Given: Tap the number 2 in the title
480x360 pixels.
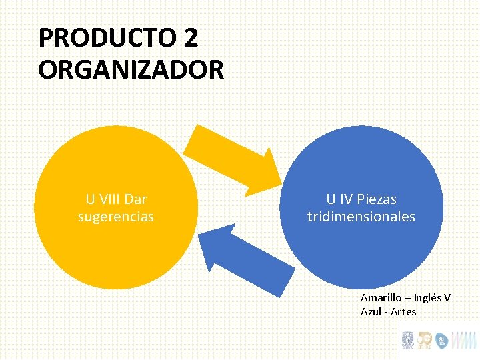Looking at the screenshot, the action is coord(190,38).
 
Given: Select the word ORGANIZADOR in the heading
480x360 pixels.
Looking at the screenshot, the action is coord(131,69).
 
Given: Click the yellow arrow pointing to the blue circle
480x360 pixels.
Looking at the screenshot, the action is coord(234,159).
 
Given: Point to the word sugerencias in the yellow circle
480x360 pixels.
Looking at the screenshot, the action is coord(116,217).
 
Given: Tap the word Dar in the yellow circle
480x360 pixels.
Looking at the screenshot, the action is coord(135,199).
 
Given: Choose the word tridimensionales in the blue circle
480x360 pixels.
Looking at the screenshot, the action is coord(361,217).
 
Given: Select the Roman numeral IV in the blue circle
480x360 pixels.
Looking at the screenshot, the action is coord(345,199).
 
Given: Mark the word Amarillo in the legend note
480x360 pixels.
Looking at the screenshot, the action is coord(382,297).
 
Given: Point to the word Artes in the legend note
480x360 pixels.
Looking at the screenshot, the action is coord(404,311).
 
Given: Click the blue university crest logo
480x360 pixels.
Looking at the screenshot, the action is coord(407,340).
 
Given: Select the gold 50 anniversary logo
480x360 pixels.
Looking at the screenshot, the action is coord(424,340).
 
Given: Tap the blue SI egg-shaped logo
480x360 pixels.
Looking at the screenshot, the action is coord(441,341).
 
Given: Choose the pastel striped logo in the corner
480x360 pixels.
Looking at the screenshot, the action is coord(464,340).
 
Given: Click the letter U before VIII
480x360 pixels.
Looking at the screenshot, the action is coord(90,199).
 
